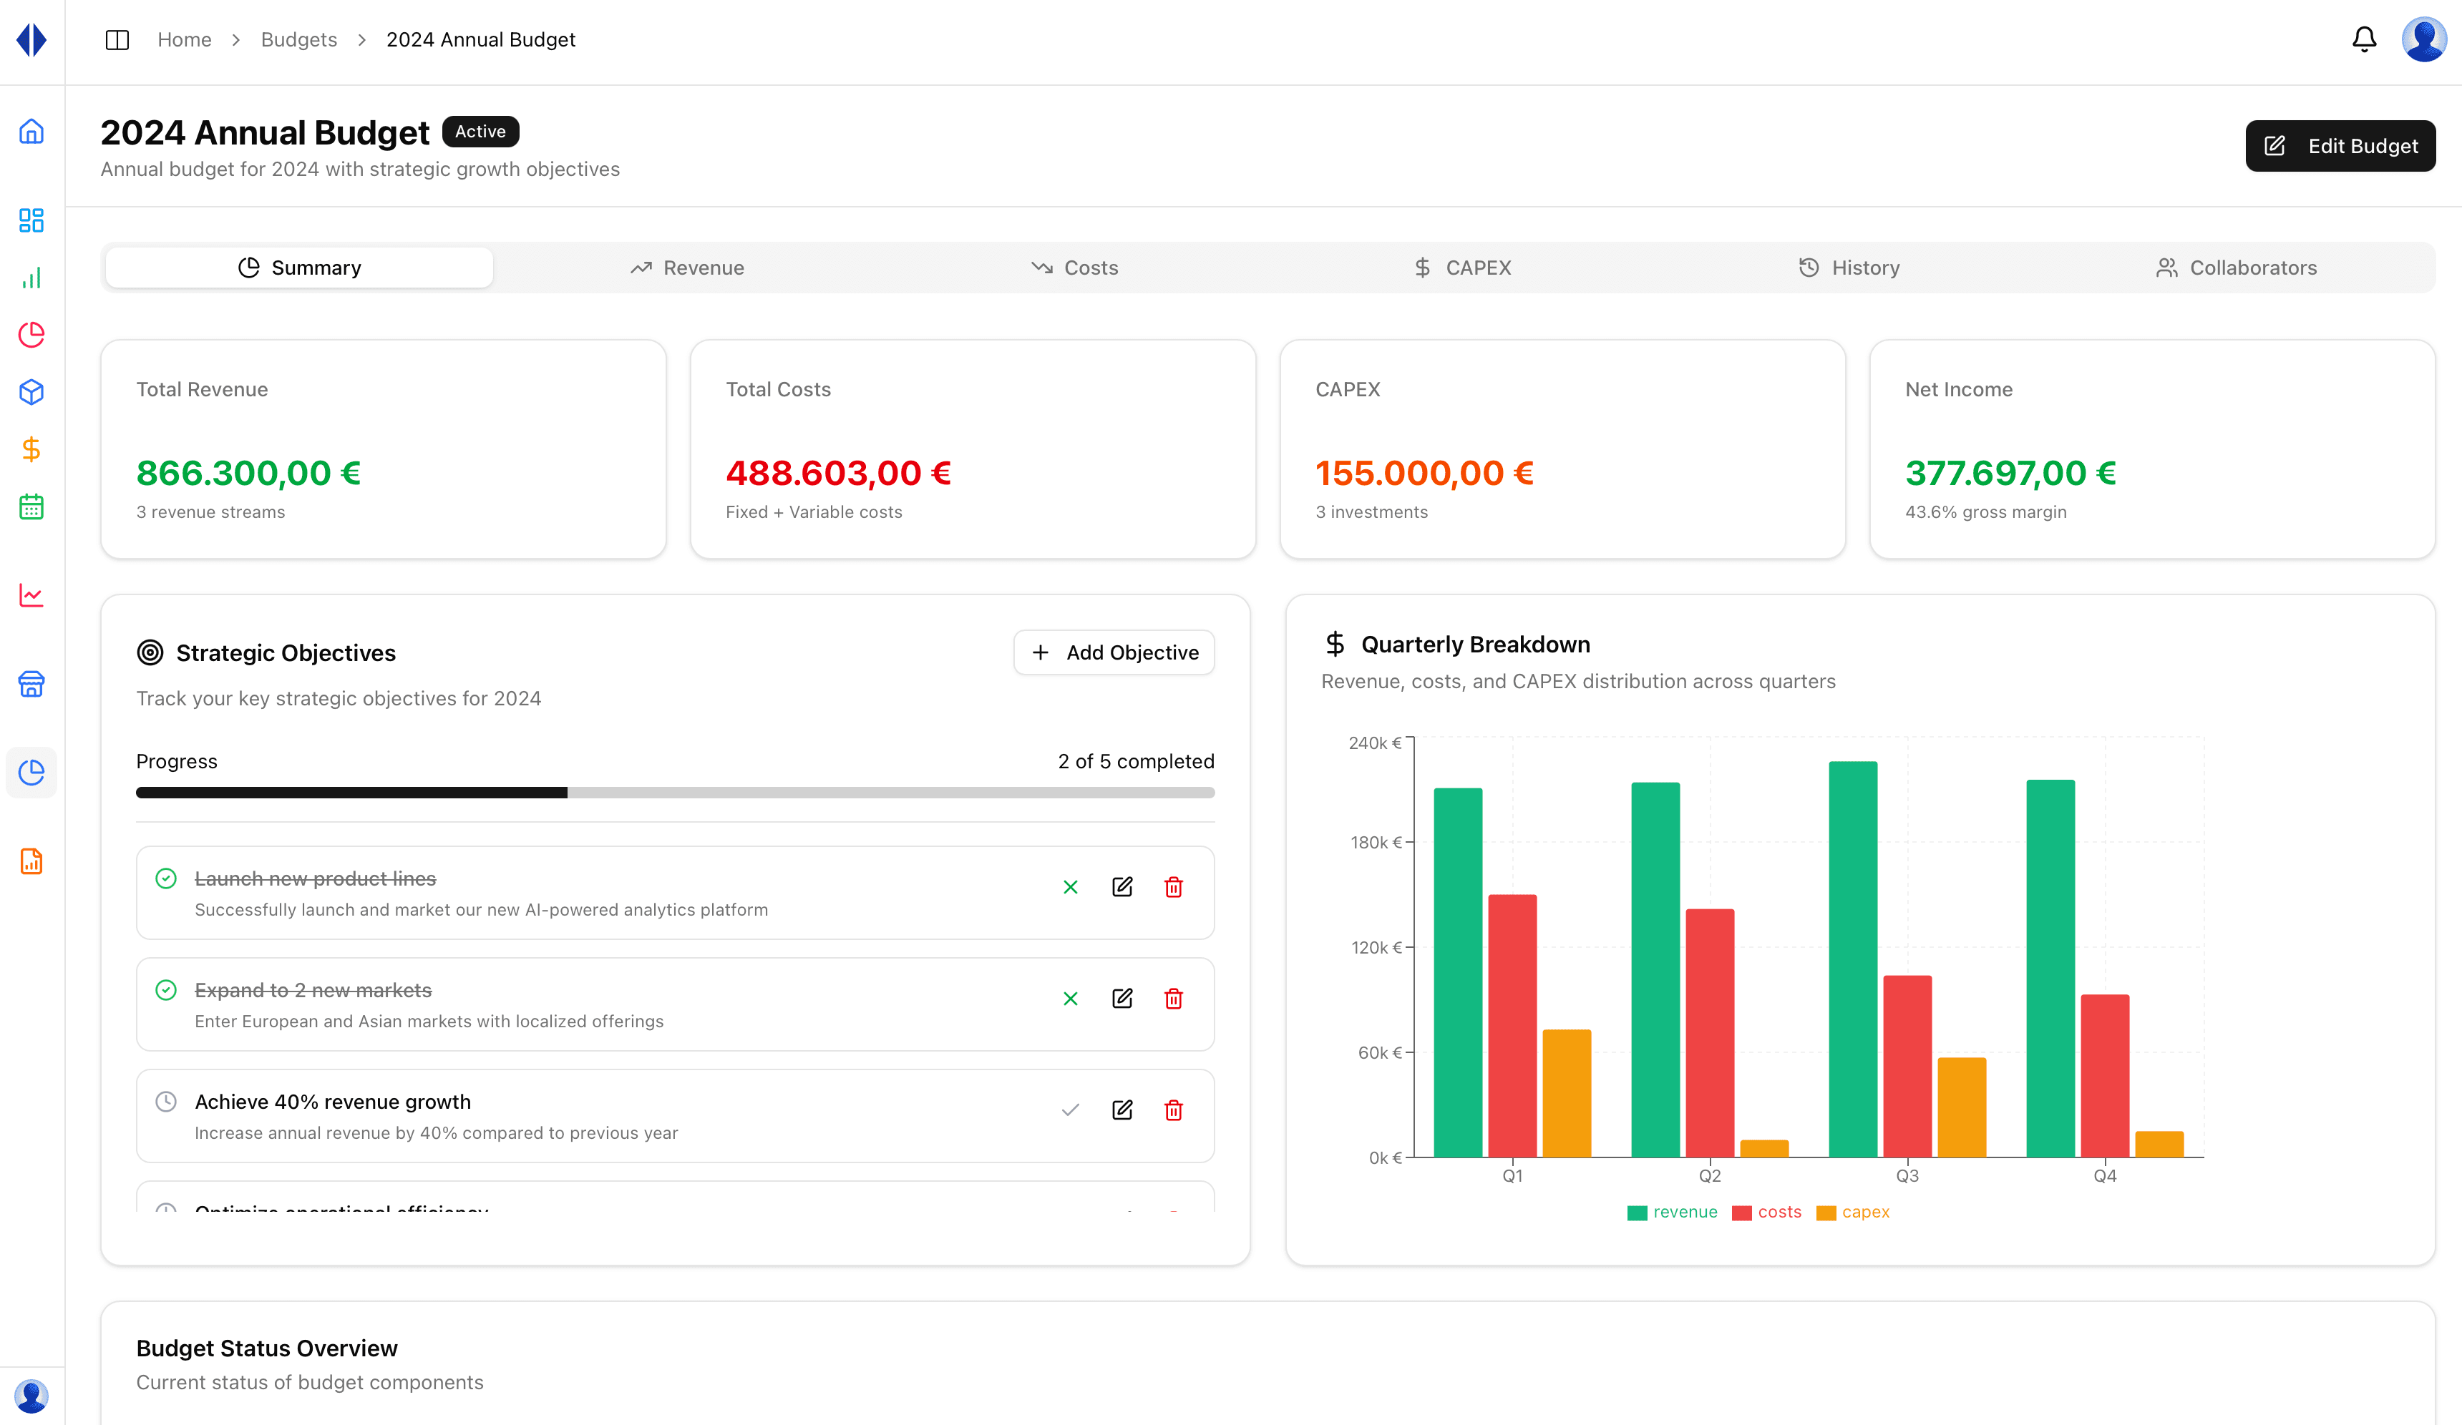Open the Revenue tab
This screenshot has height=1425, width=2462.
687,268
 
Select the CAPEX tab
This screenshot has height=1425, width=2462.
1463,268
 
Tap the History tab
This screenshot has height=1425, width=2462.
1849,268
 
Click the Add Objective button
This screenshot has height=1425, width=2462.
1114,652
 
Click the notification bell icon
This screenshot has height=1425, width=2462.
2363,40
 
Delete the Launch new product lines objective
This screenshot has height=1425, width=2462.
1173,887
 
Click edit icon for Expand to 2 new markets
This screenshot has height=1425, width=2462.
1121,998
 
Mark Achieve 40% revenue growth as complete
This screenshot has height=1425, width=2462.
1070,1110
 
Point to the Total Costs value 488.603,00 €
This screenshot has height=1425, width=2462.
837,474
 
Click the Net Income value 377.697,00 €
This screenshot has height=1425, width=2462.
2010,474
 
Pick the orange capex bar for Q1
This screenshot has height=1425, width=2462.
1566,1093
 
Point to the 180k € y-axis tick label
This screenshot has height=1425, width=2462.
1376,842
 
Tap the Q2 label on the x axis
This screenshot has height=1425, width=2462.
1710,1176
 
